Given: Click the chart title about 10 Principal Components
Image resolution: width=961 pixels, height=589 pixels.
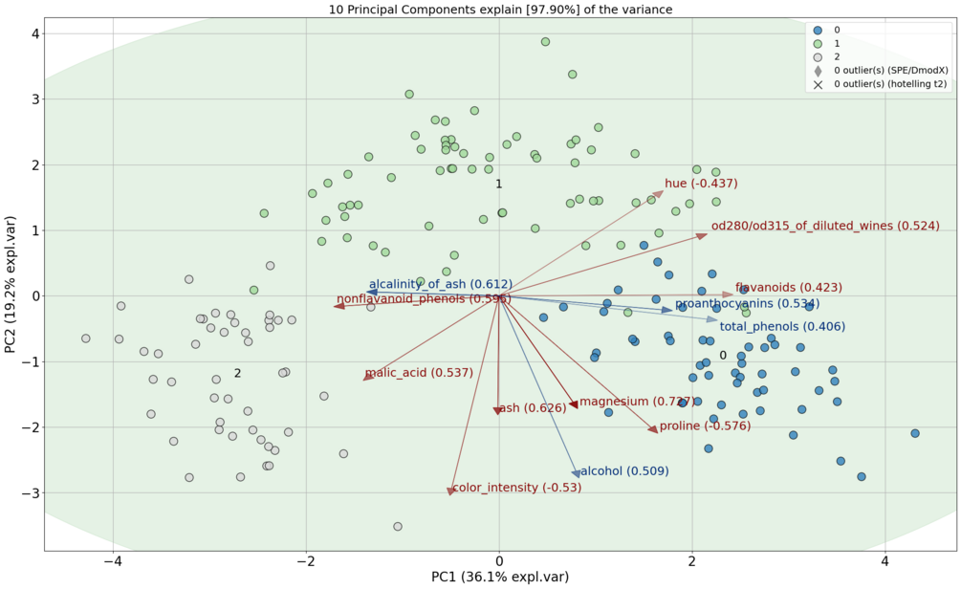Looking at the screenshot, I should (499, 10).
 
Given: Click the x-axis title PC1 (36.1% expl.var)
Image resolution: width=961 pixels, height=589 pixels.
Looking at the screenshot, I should (499, 577).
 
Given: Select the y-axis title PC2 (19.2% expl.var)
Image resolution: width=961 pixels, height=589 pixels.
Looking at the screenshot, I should (11, 295).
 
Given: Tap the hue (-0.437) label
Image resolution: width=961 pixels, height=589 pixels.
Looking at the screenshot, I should (701, 183).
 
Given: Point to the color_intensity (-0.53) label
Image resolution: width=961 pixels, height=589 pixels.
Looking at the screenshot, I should (516, 488).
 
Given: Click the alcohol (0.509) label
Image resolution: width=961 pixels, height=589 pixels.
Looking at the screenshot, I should (623, 471).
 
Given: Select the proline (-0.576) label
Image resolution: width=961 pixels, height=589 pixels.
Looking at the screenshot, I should (705, 425).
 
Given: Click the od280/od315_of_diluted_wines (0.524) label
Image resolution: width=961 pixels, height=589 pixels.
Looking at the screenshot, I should (824, 226).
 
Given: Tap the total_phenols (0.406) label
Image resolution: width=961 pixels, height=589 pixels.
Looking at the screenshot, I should (782, 327).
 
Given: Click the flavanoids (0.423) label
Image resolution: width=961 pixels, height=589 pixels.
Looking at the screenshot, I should (788, 287).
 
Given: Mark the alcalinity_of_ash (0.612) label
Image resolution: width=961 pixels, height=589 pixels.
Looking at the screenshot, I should (441, 284).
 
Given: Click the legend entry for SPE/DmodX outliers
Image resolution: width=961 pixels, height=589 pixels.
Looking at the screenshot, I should (890, 71).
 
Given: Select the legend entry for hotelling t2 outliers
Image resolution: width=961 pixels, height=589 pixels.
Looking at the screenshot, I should (890, 84).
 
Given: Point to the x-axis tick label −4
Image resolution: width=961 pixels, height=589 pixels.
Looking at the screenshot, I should (114, 559).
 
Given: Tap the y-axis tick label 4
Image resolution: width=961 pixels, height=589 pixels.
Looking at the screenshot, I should (33, 33).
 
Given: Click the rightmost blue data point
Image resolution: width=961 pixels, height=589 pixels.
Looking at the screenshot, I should (915, 433).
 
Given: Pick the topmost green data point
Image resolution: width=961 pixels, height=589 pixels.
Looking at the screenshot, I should (545, 42).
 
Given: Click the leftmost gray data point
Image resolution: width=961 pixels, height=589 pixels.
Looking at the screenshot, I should (86, 338).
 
